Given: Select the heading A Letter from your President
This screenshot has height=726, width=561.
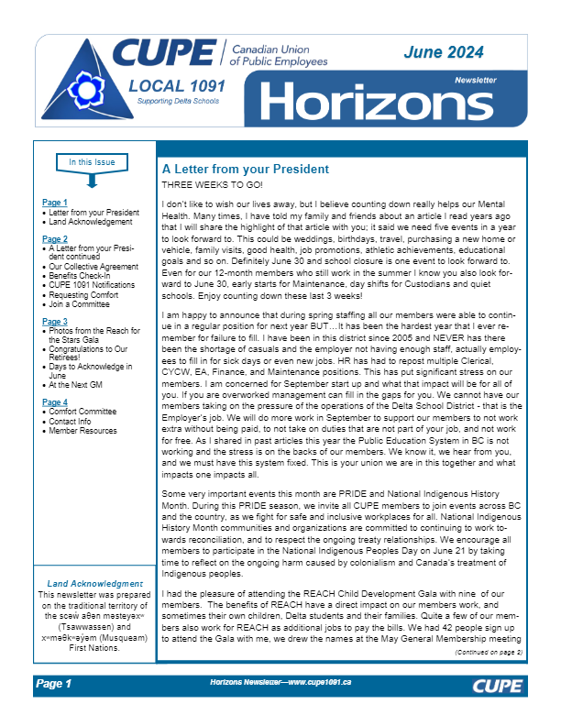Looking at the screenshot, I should (245, 170).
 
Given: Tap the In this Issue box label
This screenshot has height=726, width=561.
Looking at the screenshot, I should (92, 163).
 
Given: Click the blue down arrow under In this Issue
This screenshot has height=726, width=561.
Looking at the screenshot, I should (92, 180).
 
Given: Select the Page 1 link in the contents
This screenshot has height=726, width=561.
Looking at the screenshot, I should (55, 202).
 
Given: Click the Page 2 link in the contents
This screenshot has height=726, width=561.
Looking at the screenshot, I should (55, 238).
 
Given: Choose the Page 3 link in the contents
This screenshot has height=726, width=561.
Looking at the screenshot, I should (55, 322).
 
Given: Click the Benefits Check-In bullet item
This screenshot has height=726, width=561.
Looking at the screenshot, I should (82, 274).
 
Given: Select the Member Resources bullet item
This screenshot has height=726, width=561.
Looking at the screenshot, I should (83, 430).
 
